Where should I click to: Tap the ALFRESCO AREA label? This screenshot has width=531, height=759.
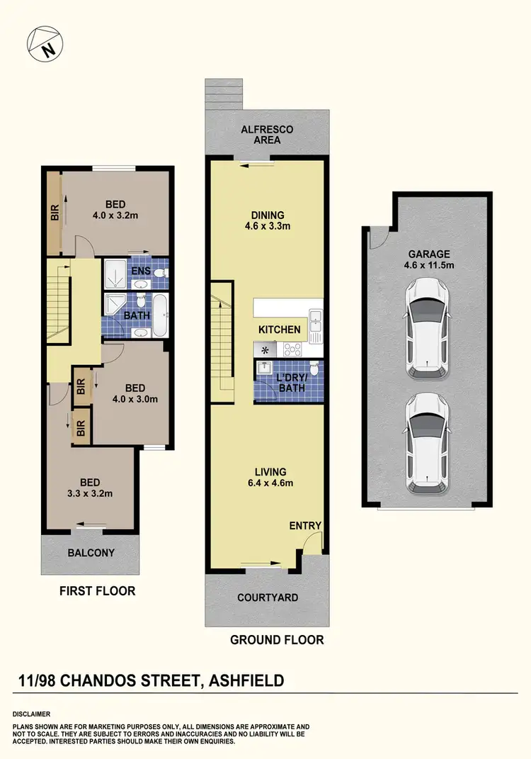click(x=266, y=135)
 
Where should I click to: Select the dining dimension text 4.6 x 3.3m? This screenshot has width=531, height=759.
click(x=266, y=227)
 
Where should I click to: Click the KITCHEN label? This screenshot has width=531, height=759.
click(x=279, y=330)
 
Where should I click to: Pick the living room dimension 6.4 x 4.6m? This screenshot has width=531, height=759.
click(x=270, y=483)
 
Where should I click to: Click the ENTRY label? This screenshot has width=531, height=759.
click(x=305, y=526)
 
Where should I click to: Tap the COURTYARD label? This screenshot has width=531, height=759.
click(x=268, y=597)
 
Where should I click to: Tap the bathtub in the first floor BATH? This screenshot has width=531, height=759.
click(x=160, y=316)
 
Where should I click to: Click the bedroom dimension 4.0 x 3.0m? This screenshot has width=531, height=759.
click(x=135, y=399)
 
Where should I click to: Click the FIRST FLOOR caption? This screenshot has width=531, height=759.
click(x=97, y=590)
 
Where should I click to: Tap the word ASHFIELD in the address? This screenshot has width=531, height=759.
click(x=245, y=681)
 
